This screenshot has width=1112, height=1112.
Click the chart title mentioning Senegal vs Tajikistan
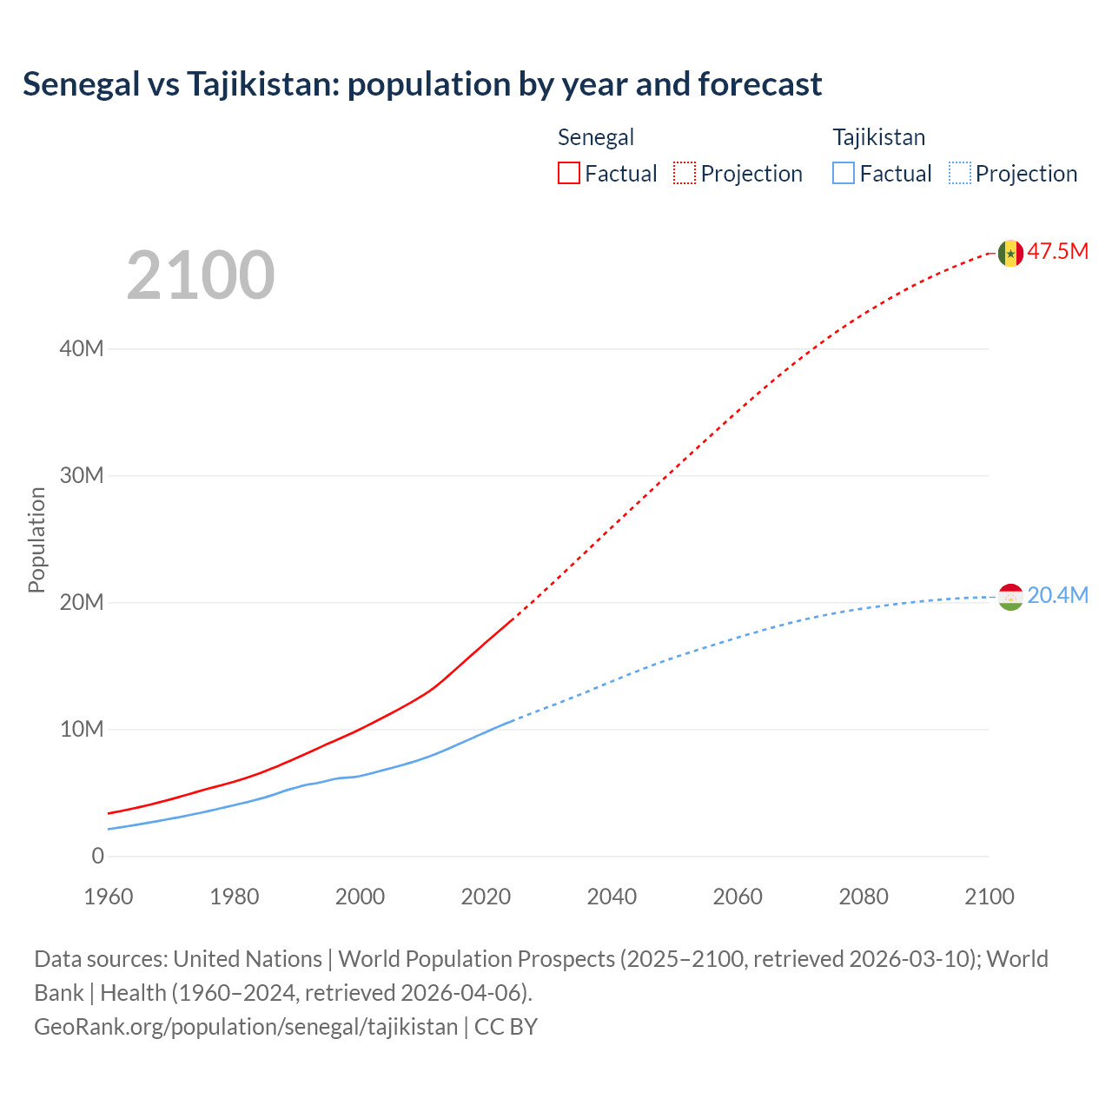click(422, 84)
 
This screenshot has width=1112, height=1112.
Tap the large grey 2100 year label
click(201, 275)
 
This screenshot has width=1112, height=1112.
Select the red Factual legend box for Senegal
click(568, 173)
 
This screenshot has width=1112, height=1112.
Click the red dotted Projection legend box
click(685, 173)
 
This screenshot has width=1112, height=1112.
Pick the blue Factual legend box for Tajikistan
click(843, 173)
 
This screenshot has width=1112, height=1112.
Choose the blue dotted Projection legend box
click(960, 173)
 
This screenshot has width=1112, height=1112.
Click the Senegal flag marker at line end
click(1010, 253)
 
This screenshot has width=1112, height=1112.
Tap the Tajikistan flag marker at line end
click(1010, 597)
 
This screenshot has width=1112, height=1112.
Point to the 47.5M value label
click(1057, 252)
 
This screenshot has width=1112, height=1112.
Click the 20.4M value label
click(1057, 595)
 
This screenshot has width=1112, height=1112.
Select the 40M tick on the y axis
click(82, 348)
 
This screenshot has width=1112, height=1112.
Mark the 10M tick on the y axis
click(82, 729)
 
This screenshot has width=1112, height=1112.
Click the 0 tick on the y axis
click(97, 856)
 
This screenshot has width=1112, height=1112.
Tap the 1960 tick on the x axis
click(109, 897)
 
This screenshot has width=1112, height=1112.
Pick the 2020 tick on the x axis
click(486, 897)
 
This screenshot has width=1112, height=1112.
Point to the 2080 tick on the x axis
click(864, 897)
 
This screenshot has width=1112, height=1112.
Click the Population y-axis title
click(36, 539)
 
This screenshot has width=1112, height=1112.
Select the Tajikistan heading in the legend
click(878, 137)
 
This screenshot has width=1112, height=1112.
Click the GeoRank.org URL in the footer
click(246, 1027)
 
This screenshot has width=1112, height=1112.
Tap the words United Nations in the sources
click(248, 959)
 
